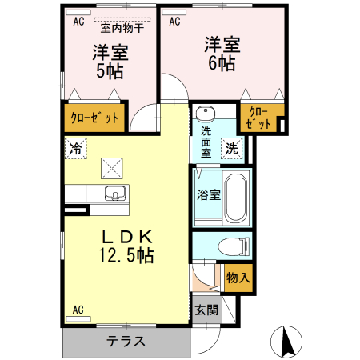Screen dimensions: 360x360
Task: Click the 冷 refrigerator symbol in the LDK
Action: [75, 148]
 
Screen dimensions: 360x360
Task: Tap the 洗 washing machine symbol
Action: [230, 147]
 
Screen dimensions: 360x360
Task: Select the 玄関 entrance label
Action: [205, 308]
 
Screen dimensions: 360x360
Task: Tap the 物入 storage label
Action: [238, 278]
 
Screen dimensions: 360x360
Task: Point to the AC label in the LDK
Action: [78, 309]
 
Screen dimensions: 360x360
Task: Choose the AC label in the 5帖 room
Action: [78, 22]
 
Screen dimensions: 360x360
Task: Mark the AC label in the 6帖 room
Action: [174, 22]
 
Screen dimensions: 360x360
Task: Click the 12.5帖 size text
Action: [126, 255]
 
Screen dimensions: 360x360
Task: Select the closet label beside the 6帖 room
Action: [259, 118]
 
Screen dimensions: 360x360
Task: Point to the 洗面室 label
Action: [206, 142]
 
